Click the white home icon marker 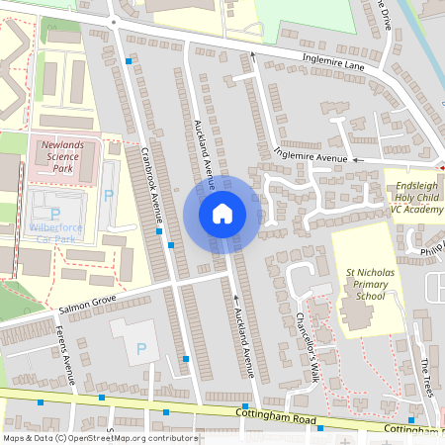[222, 213]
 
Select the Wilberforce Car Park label [55, 232]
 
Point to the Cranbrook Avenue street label [151, 184]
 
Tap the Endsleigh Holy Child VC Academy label [410, 197]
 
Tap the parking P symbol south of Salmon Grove [140, 348]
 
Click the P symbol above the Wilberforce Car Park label [55, 214]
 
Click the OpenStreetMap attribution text [100, 437]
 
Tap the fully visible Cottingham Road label [277, 419]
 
